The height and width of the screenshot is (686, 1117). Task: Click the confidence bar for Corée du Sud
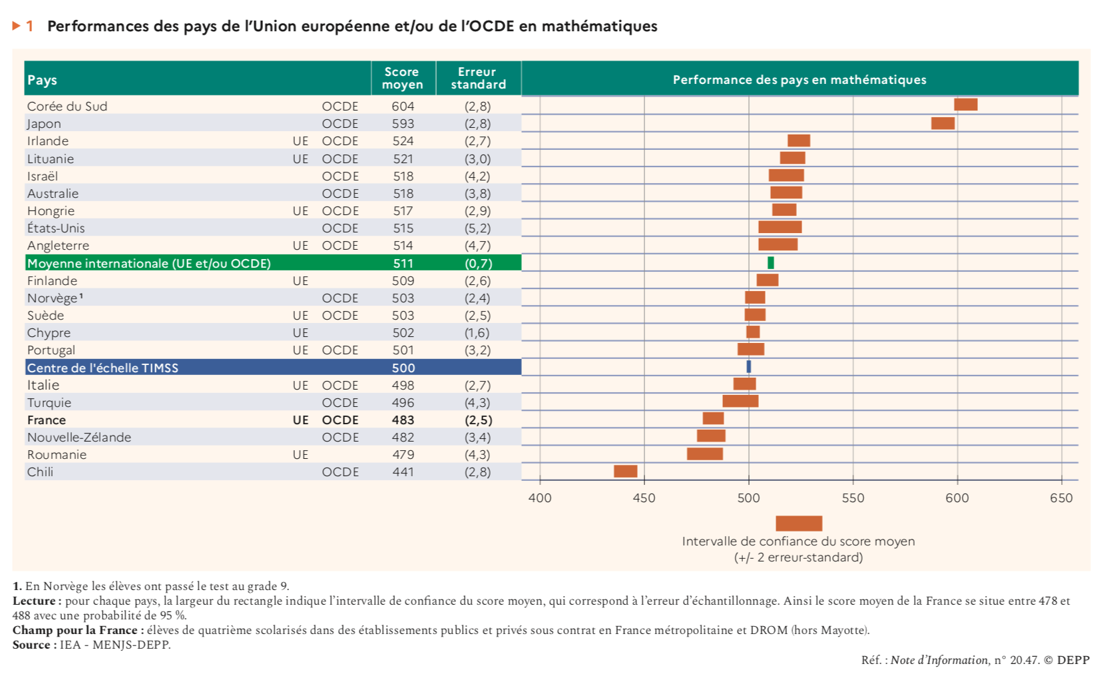pyautogui.click(x=965, y=105)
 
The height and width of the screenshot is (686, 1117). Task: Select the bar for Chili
pyautogui.click(x=625, y=472)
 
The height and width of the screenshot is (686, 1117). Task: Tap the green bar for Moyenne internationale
pyautogui.click(x=771, y=263)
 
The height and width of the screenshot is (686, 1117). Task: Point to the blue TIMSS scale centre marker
pyautogui.click(x=749, y=367)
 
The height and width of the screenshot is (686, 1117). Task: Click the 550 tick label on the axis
pyautogui.click(x=853, y=498)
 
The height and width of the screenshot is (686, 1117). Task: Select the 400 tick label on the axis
pyautogui.click(x=540, y=498)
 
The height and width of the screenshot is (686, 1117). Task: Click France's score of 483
pyautogui.click(x=403, y=420)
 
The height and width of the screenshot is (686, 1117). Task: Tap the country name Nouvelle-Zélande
pyautogui.click(x=79, y=438)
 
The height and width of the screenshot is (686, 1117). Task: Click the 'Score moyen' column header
pyautogui.click(x=403, y=79)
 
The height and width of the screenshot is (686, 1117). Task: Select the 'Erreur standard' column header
pyautogui.click(x=478, y=79)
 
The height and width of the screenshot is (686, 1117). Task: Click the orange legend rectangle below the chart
pyautogui.click(x=799, y=523)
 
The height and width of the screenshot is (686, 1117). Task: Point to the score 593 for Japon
pyautogui.click(x=403, y=124)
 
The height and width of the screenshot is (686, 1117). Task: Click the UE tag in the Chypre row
pyautogui.click(x=300, y=333)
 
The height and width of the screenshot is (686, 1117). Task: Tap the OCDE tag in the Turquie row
pyautogui.click(x=340, y=403)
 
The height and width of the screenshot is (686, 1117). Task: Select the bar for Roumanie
pyautogui.click(x=705, y=454)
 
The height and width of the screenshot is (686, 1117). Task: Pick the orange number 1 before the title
pyautogui.click(x=29, y=27)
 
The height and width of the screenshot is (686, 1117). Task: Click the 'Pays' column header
pyautogui.click(x=42, y=80)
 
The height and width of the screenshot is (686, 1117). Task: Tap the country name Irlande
pyautogui.click(x=48, y=141)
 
